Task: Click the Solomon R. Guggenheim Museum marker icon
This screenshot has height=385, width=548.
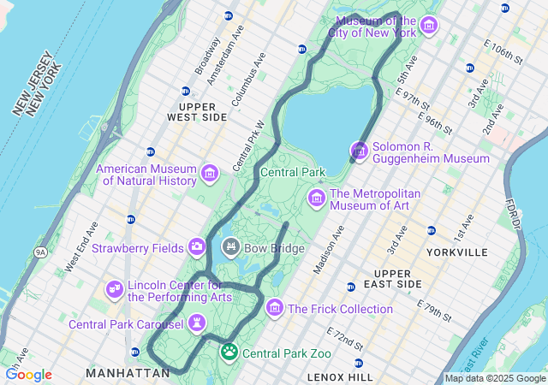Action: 360,151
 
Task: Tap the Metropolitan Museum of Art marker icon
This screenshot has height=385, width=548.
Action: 317,198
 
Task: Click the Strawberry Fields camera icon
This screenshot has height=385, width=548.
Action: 197,247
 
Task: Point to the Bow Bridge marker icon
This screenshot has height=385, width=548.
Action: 230,248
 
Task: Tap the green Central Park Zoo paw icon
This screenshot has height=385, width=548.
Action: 229,352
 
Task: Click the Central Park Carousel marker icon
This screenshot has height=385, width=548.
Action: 198,323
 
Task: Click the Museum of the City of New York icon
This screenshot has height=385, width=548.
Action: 429,27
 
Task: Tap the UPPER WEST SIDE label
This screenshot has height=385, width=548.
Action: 197,110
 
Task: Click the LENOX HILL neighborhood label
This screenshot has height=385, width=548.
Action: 340,376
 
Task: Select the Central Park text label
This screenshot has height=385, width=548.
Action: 293,172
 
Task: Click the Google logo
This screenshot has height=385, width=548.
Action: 29,375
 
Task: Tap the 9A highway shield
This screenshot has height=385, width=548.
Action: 40,252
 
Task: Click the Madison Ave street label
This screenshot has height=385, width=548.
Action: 329,249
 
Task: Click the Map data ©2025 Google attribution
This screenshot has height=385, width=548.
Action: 495,378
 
